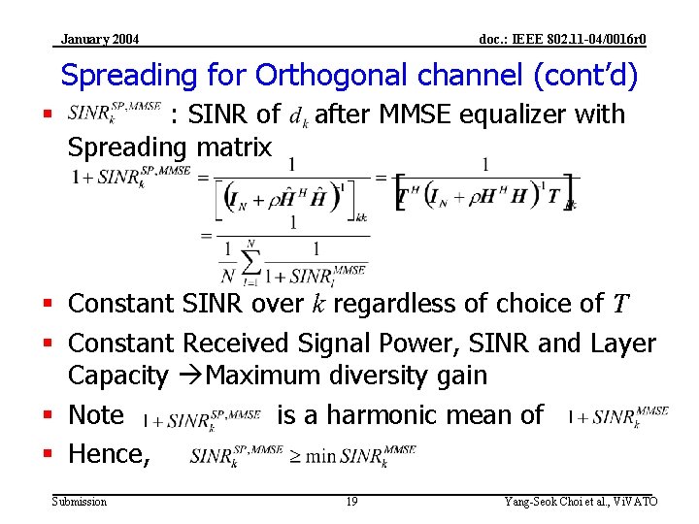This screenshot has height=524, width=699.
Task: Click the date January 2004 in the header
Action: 100,39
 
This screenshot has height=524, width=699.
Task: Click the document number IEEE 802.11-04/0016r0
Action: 563,39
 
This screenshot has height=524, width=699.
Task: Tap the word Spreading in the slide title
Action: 128,75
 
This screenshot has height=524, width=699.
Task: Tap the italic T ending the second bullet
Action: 621,305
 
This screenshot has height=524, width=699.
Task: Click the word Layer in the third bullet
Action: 623,344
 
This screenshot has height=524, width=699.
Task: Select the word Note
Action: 96,415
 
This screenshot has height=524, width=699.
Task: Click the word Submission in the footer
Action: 80,501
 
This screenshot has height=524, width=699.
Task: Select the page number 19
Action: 351,501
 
